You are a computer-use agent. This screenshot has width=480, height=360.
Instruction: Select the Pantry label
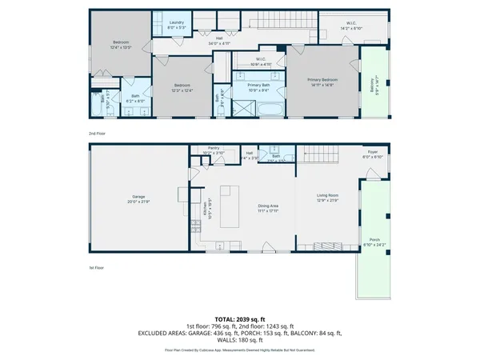214,149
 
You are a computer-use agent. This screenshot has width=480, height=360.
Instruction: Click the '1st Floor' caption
98,268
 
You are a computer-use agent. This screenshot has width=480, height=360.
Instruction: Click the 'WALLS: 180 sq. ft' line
240,340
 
